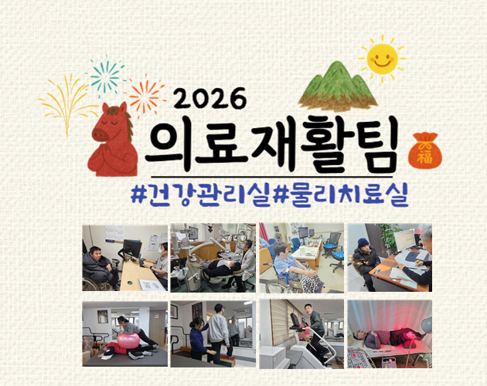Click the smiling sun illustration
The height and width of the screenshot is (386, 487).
pyautogui.click(x=382, y=59)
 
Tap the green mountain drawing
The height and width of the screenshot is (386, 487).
pyautogui.click(x=338, y=86)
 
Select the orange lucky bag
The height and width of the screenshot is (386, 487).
pyautogui.click(x=425, y=151)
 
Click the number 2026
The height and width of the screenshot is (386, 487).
pyautogui.click(x=210, y=98)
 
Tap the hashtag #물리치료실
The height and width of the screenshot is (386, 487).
pyautogui.click(x=340, y=195)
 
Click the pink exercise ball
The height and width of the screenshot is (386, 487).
pyautogui.click(x=128, y=340)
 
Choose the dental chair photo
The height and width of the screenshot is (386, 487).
pyautogui.click(x=213, y=258)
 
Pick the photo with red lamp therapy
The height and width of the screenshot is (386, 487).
pyautogui.click(x=390, y=334)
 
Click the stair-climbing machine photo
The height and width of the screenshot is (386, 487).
pyautogui.click(x=301, y=334)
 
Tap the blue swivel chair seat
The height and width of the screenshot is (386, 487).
pyautogui.click(x=339, y=255)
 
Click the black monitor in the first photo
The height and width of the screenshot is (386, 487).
pyautogui.click(x=133, y=249)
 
